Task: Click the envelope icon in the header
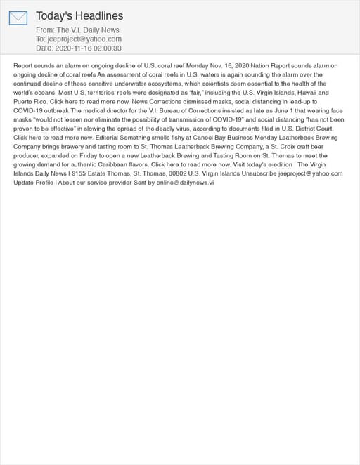[x=18, y=18]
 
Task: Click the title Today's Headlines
[x=79, y=15]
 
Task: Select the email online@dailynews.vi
[x=186, y=183]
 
